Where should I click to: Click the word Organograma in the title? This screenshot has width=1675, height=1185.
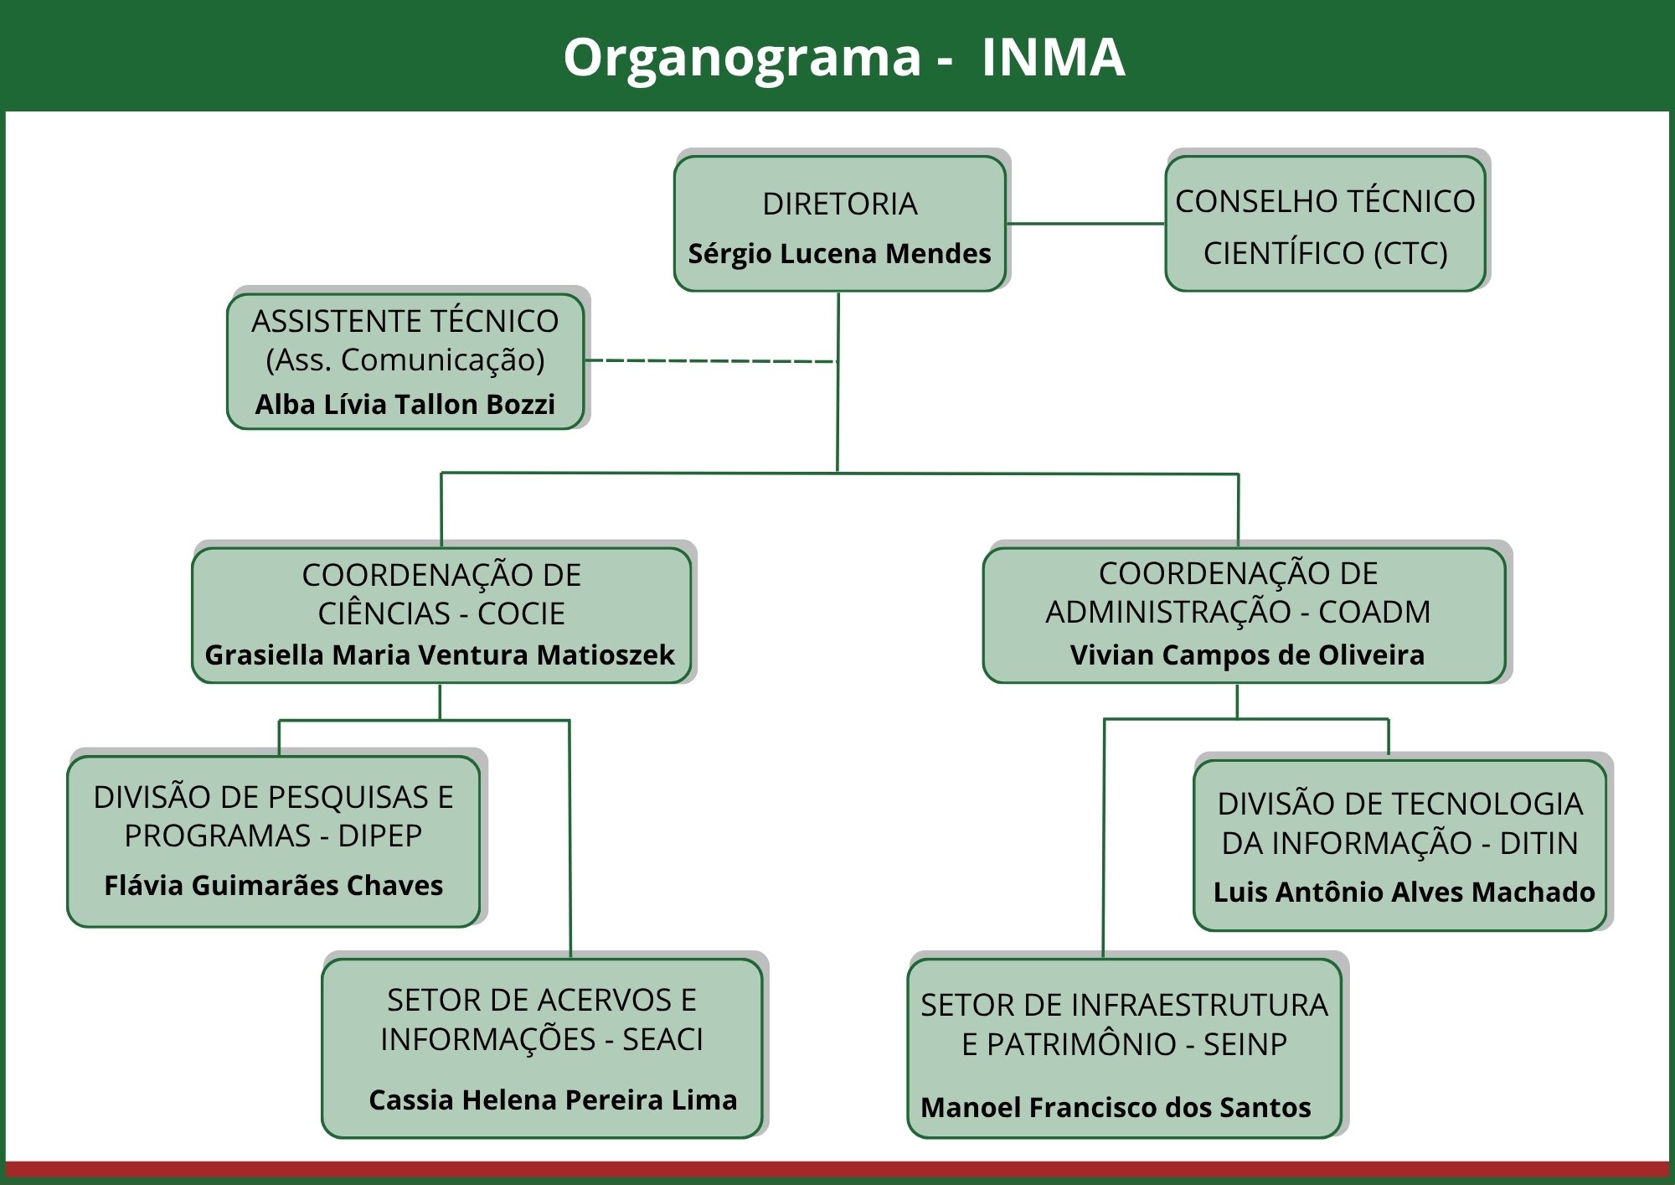point(742,58)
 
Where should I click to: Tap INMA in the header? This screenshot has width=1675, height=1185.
point(1053,58)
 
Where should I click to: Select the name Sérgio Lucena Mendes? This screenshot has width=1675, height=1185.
point(839,253)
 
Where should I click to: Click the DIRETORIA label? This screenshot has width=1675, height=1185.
point(839,204)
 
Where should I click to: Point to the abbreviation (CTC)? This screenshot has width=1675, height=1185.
point(1410,252)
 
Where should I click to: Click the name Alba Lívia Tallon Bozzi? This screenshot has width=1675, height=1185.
point(405,404)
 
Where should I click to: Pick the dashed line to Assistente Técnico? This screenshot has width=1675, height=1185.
point(712,361)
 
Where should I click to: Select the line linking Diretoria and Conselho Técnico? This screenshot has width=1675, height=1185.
point(1085,224)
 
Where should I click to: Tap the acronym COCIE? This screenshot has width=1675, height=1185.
point(521,613)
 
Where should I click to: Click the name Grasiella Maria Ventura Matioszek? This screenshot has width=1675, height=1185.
point(440,655)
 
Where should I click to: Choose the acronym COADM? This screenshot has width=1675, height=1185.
point(1373,612)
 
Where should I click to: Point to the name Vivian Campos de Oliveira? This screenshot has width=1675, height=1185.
point(1247,655)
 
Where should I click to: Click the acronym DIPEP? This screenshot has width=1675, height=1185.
point(379,836)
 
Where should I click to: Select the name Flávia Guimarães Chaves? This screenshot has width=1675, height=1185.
point(273,885)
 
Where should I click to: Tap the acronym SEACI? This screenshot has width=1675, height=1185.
point(662,1039)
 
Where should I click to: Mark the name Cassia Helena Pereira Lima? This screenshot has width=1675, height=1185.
point(553,1100)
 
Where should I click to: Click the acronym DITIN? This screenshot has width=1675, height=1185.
point(1538,842)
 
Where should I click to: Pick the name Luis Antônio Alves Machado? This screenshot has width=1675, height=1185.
point(1404,892)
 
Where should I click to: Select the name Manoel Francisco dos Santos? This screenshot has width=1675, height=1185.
point(1116,1107)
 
